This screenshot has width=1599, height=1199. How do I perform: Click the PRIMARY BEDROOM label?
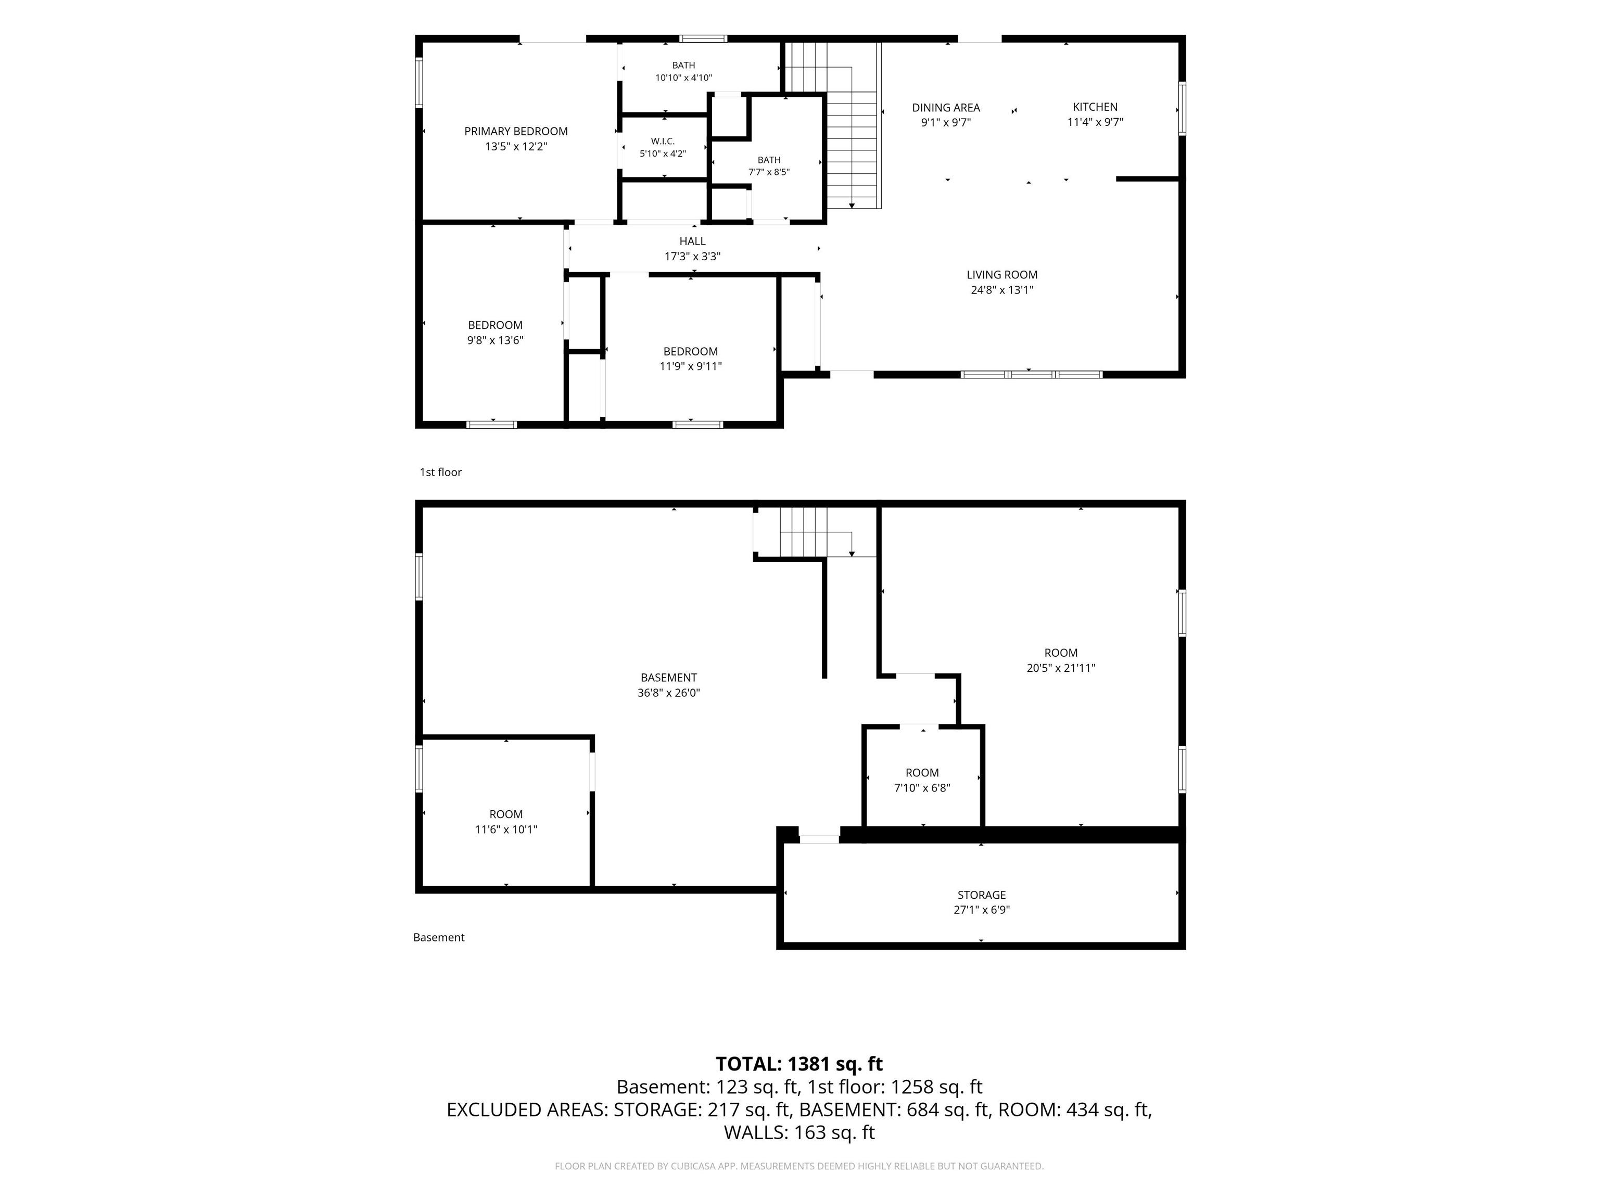pyautogui.click(x=515, y=131)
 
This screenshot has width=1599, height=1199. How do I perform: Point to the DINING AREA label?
pyautogui.click(x=946, y=108)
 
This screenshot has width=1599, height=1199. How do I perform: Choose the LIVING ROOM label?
pyautogui.click(x=1002, y=275)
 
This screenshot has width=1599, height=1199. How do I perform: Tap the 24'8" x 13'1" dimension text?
pyautogui.click(x=1002, y=290)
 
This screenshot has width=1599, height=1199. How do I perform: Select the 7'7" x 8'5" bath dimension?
pyautogui.click(x=768, y=172)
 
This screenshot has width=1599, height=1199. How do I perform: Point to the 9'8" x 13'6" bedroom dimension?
pyautogui.click(x=495, y=340)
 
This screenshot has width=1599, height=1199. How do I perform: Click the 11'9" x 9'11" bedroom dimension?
pyautogui.click(x=690, y=366)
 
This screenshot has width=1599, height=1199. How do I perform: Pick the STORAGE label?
pyautogui.click(x=982, y=895)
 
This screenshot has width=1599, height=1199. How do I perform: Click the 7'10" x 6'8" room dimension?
pyautogui.click(x=922, y=788)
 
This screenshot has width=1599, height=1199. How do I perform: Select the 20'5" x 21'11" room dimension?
pyautogui.click(x=1060, y=668)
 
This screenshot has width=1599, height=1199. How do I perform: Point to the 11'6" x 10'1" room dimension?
pyautogui.click(x=506, y=829)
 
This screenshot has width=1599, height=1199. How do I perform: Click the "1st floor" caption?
pyautogui.click(x=440, y=472)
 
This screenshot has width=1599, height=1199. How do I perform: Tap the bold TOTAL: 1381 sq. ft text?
pyautogui.click(x=799, y=1064)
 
